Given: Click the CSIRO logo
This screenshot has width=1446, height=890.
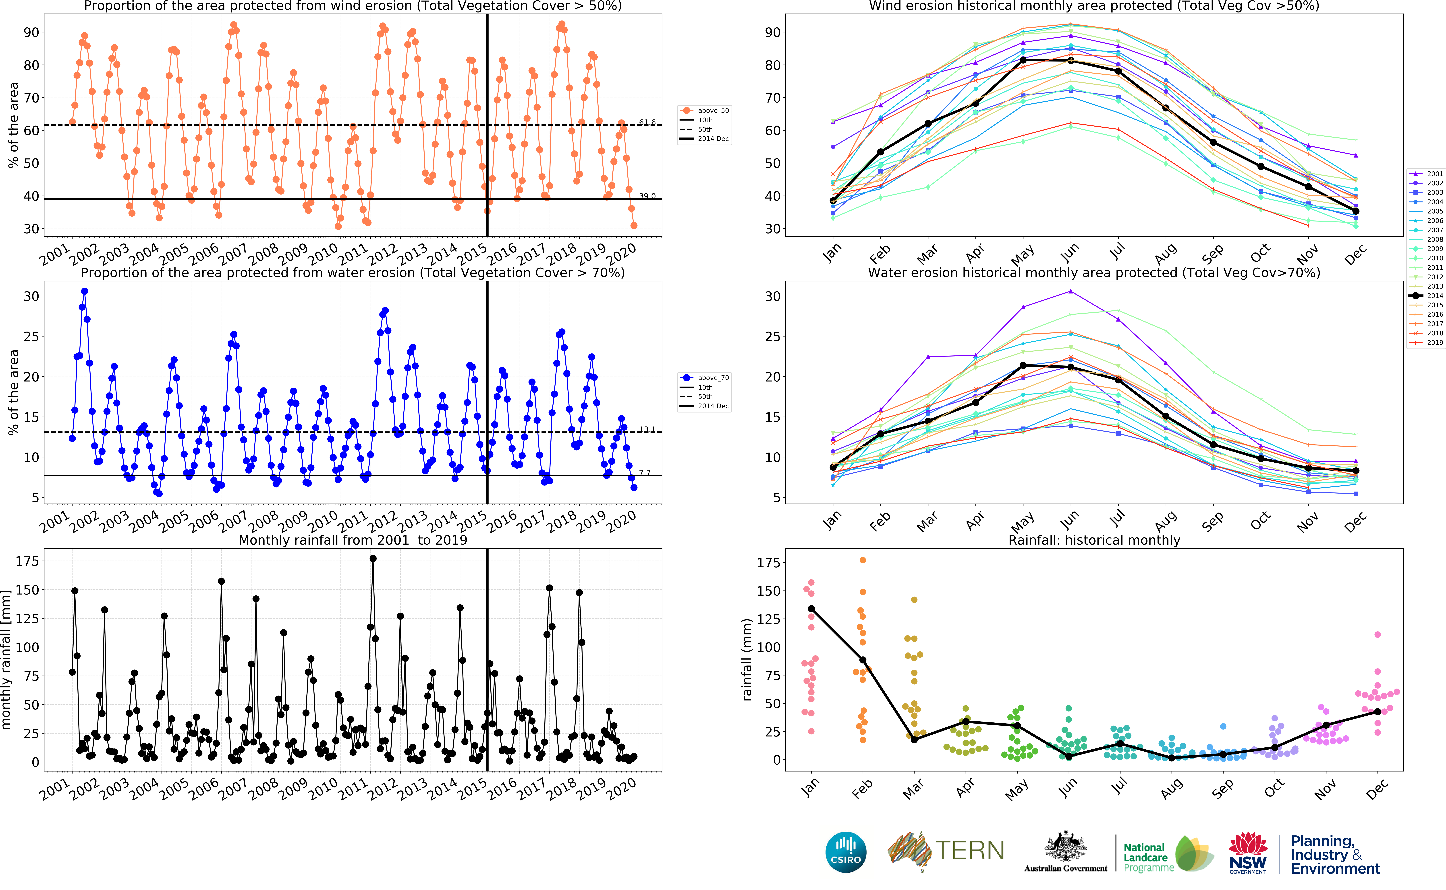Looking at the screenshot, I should (846, 852).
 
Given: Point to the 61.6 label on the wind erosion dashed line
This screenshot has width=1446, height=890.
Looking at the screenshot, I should (647, 122).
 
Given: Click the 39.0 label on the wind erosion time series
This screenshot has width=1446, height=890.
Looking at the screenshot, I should (647, 196).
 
